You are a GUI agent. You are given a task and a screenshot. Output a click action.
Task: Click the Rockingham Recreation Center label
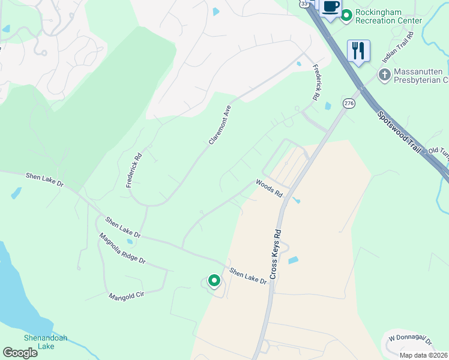pyautogui.click(x=388, y=16)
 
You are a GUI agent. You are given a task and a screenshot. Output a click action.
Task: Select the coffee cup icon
pyautogui.click(x=330, y=7)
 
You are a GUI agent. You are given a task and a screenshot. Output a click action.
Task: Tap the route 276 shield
pyautogui.click(x=349, y=104)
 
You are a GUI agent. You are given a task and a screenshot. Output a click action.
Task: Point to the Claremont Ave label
pyautogui.click(x=220, y=125)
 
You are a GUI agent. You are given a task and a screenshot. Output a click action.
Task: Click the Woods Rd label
pyautogui.click(x=269, y=188)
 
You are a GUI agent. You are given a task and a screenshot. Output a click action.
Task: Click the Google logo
pyautogui.click(x=20, y=353)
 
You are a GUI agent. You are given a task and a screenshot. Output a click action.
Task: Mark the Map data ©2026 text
pyautogui.click(x=423, y=355)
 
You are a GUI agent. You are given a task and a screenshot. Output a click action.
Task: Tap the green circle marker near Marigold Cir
pyautogui.click(x=214, y=280)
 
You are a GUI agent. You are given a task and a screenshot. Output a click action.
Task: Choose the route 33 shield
pyautogui.click(x=305, y=4)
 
